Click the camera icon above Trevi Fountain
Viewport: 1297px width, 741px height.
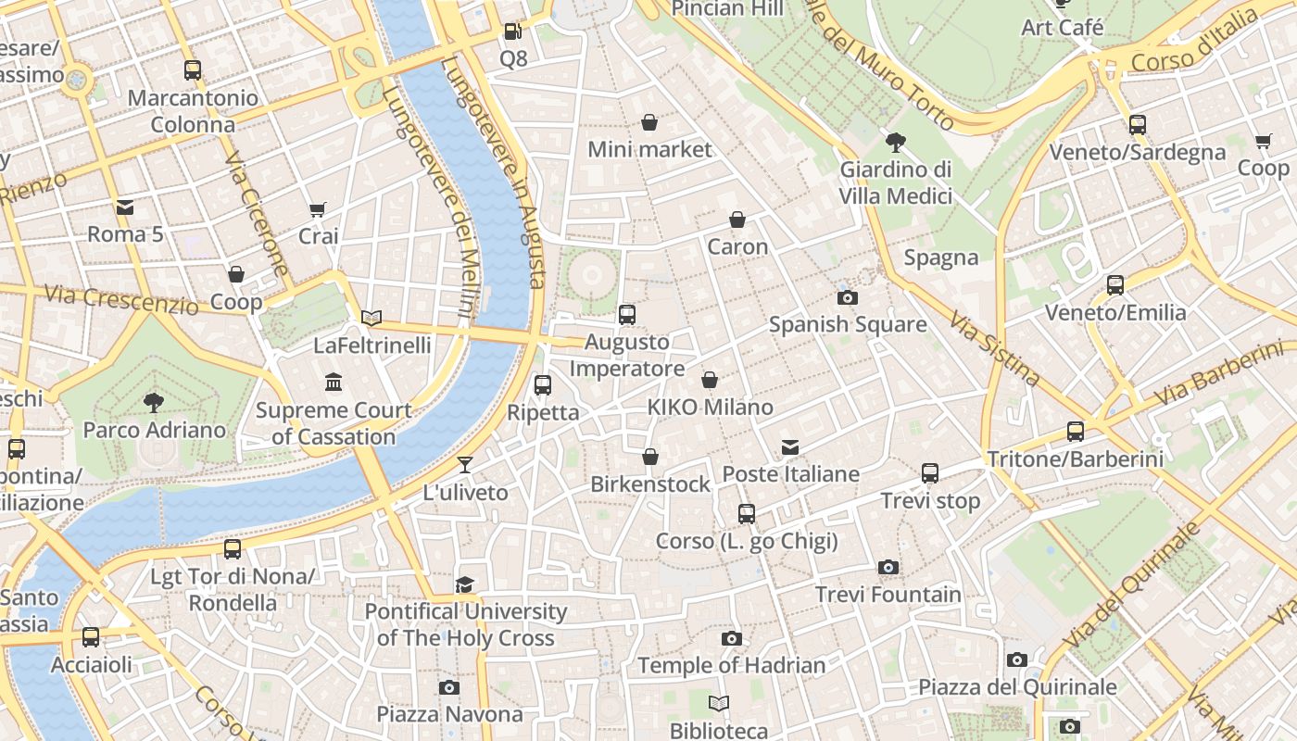point(888,567)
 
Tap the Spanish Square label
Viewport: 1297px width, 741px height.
point(848,324)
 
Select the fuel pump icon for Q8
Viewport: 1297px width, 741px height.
point(512,31)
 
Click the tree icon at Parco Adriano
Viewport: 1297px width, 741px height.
point(154,402)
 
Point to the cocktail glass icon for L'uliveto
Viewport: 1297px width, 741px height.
point(465,465)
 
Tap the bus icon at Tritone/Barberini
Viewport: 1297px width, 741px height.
point(1075,431)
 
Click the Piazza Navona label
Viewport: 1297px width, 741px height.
point(449,714)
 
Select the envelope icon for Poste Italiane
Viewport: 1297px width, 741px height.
point(790,447)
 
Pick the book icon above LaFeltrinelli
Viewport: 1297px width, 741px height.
point(371,318)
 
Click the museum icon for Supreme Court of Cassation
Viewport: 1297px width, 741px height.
point(334,382)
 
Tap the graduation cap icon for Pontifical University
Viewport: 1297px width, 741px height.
point(464,584)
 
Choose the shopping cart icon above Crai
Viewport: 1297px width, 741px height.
point(318,209)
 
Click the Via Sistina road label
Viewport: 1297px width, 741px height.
point(994,348)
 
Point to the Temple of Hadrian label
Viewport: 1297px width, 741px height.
point(731,665)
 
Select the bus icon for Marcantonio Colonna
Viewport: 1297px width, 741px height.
point(193,69)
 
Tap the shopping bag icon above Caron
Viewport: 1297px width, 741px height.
point(737,220)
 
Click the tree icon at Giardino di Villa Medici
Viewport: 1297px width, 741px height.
point(895,142)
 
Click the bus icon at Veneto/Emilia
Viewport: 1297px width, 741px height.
point(1115,285)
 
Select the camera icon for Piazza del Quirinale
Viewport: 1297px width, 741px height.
point(1017,659)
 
